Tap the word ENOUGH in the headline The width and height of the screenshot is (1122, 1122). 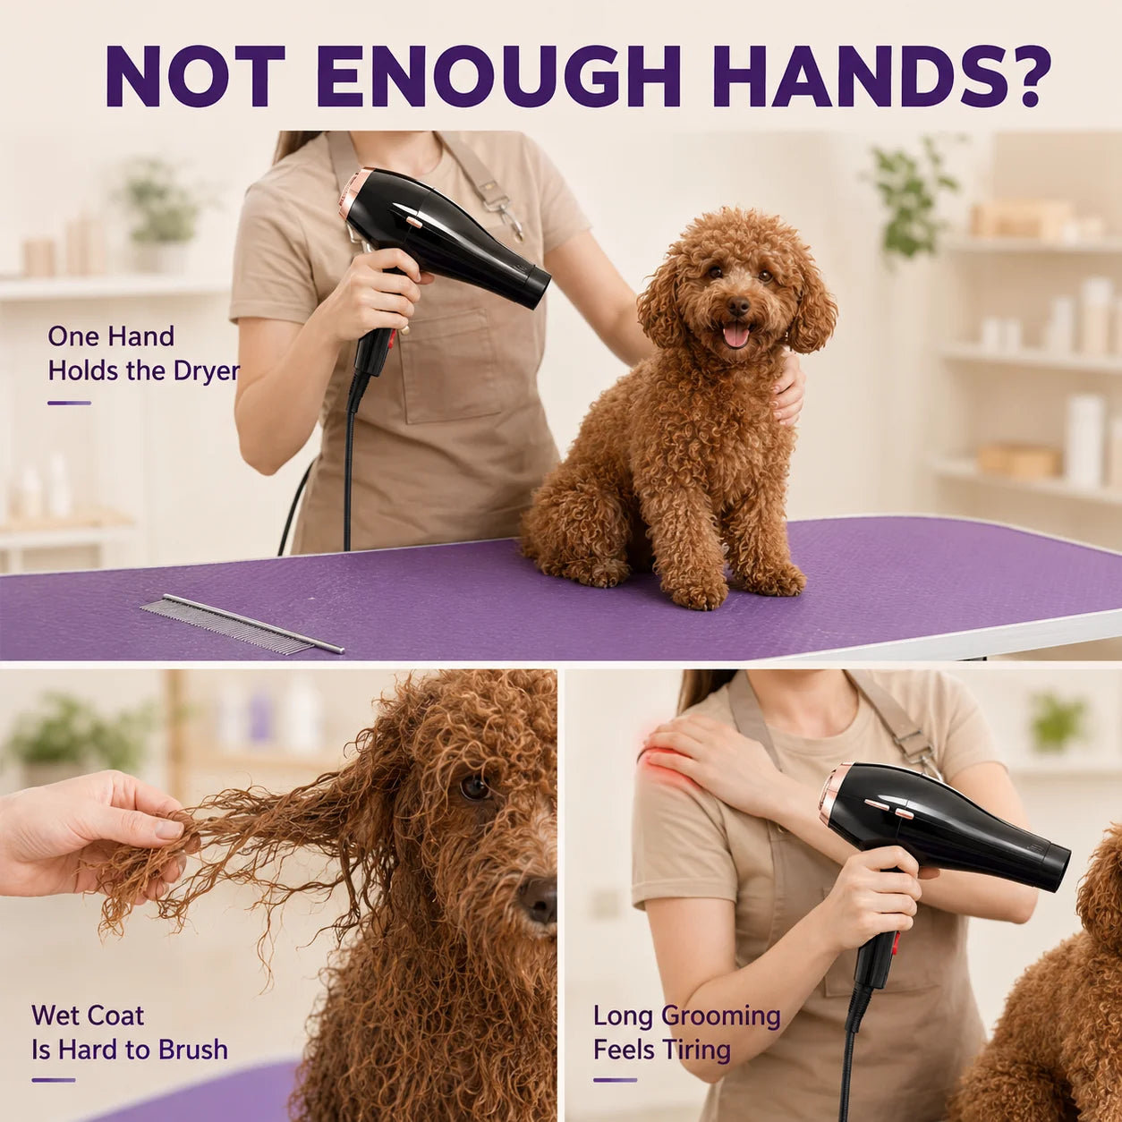point(497,76)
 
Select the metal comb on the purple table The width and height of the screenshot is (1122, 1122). point(242,625)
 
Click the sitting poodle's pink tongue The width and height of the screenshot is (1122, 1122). point(735,336)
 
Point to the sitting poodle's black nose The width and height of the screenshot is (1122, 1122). point(739,304)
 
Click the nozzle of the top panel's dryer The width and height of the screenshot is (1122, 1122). point(534,285)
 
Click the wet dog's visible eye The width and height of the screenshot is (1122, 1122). point(474,789)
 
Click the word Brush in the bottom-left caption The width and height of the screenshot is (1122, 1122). point(193,1050)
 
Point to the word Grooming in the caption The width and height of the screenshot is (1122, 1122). point(721,1016)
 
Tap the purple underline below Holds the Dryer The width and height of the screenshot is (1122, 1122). point(69,403)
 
